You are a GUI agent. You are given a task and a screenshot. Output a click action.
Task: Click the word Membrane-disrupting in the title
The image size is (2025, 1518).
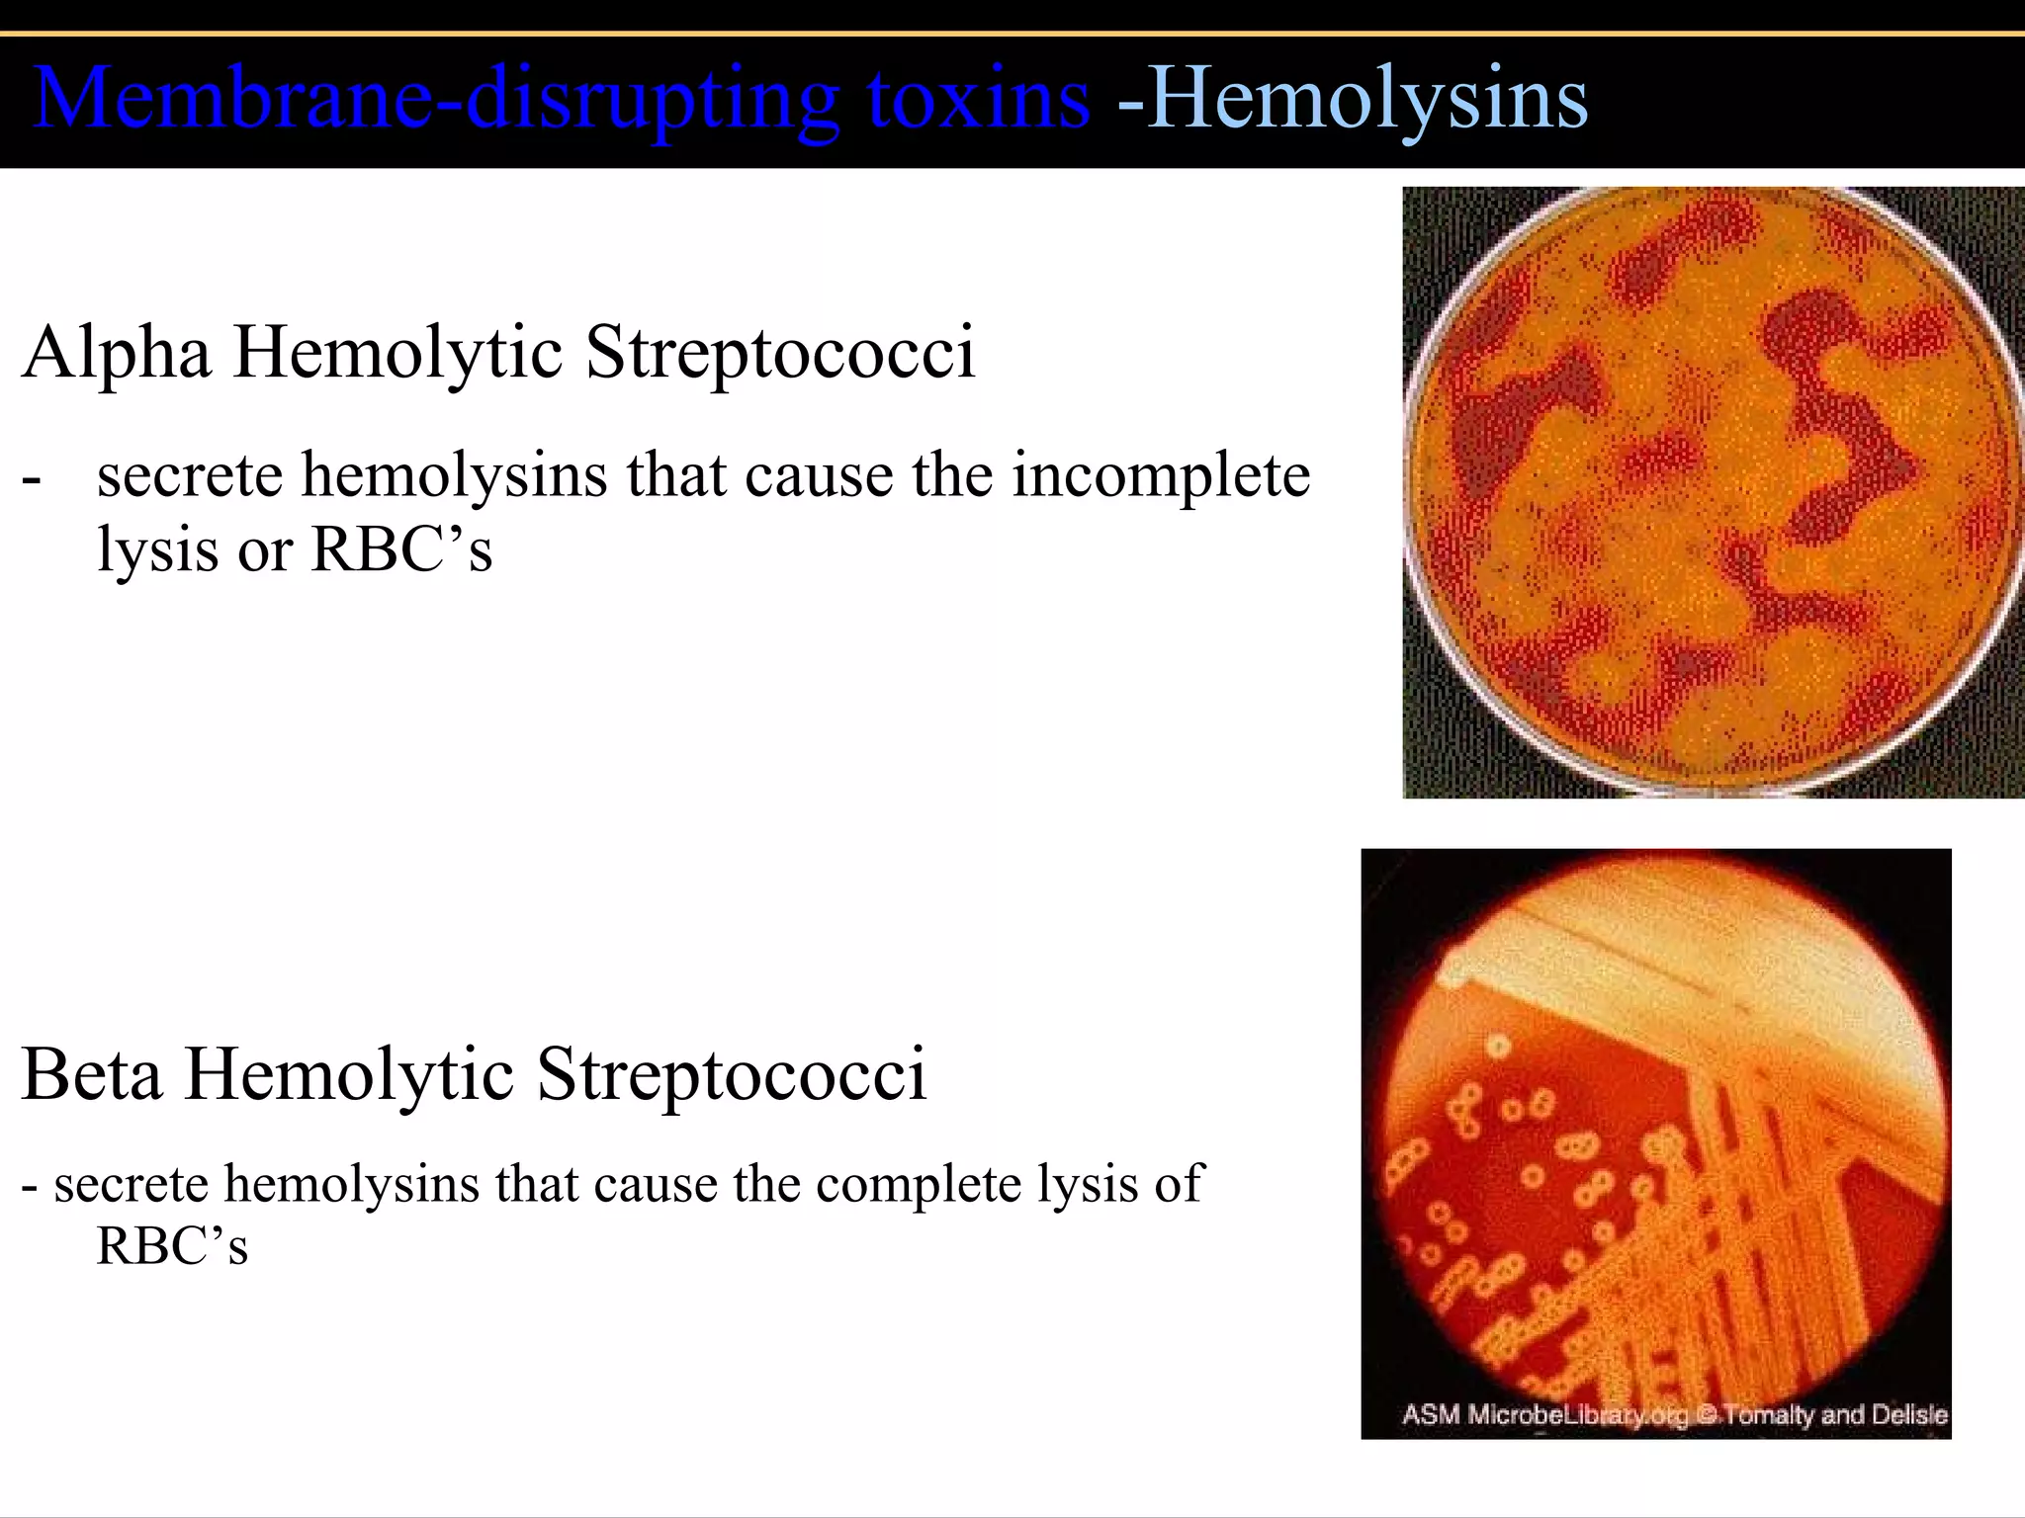pyautogui.click(x=435, y=99)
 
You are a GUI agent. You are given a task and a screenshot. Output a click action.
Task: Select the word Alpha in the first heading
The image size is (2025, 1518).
pyautogui.click(x=117, y=352)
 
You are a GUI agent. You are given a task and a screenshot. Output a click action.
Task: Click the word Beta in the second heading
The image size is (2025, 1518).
pyautogui.click(x=91, y=1074)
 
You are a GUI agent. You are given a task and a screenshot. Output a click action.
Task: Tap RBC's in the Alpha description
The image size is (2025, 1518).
pyautogui.click(x=400, y=549)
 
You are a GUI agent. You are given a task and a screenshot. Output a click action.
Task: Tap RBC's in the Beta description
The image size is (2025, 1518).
pyautogui.click(x=171, y=1245)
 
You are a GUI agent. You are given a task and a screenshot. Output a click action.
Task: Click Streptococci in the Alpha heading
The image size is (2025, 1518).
pyautogui.click(x=780, y=352)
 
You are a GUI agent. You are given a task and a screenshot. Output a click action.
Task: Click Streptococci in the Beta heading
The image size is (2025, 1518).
pyautogui.click(x=731, y=1074)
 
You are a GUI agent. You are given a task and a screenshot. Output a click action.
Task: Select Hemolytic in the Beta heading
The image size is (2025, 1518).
pyautogui.click(x=349, y=1074)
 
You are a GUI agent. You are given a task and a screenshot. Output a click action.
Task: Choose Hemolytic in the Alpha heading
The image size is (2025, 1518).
pyautogui.click(x=397, y=352)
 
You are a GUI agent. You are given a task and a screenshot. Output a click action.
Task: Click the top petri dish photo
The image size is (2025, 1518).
pyautogui.click(x=1713, y=491)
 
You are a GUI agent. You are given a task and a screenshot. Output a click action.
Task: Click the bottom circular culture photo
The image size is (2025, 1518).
pyautogui.click(x=1656, y=1137)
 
